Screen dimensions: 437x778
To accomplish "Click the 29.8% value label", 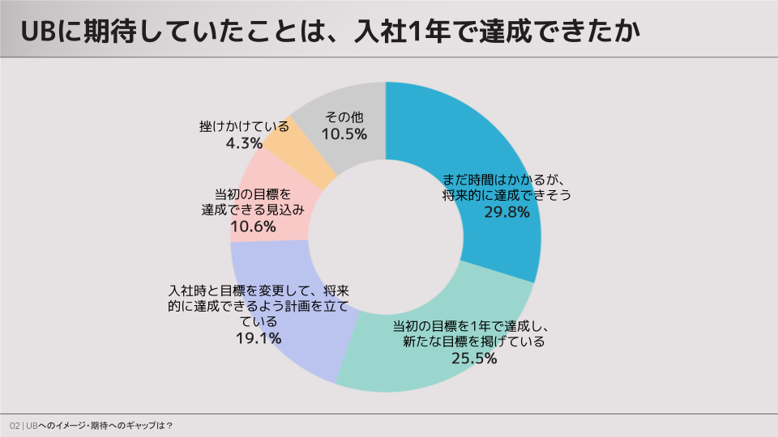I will (x=507, y=212).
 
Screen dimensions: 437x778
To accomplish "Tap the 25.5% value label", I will (x=474, y=359).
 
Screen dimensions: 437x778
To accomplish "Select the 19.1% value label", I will (x=259, y=338).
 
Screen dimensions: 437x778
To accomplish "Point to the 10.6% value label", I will (x=253, y=227).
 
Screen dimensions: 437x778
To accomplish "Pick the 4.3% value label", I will (x=244, y=143).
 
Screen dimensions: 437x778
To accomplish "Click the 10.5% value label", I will (x=344, y=134).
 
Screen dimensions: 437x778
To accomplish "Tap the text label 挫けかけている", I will (x=244, y=126).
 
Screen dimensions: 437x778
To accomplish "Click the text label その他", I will (x=344, y=117).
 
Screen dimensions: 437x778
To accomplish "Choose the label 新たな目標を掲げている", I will (x=474, y=342).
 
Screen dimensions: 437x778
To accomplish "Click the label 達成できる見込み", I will (x=253, y=210).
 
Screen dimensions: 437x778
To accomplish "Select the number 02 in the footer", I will (x=15, y=426).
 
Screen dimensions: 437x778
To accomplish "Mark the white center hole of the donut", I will (x=386, y=238).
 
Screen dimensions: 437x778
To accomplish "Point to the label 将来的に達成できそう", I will (x=507, y=195).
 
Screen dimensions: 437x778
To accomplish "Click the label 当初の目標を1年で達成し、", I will (x=472, y=325).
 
